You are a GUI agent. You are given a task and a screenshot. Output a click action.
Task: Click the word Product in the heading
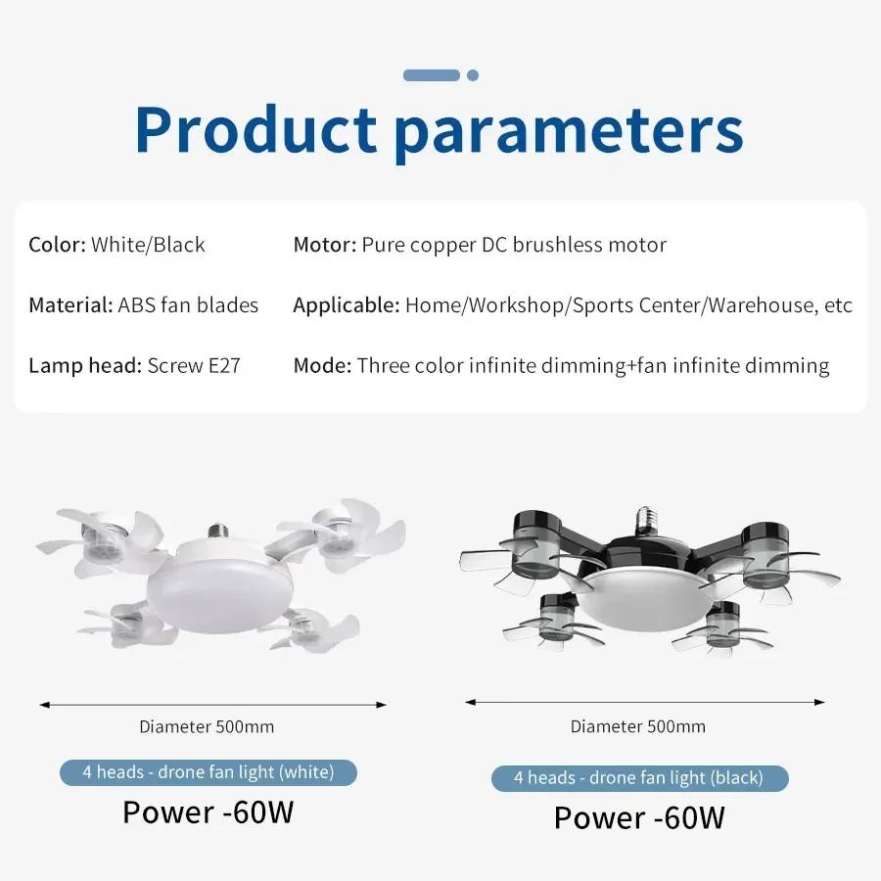click(x=255, y=129)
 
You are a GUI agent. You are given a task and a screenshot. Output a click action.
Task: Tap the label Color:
click(x=58, y=245)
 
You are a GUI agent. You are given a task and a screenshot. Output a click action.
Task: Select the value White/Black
click(x=149, y=245)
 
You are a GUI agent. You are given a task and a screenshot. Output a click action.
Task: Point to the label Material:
click(x=70, y=305)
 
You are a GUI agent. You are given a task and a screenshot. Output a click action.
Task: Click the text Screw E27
click(x=194, y=366)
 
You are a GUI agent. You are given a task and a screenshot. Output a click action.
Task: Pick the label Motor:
click(x=324, y=245)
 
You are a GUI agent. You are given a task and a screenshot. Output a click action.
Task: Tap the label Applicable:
click(x=346, y=305)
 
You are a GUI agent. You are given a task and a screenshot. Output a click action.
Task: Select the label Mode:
click(x=322, y=366)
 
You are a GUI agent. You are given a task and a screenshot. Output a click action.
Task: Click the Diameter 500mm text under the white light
click(x=207, y=726)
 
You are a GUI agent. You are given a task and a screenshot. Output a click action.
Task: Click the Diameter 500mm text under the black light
click(x=638, y=726)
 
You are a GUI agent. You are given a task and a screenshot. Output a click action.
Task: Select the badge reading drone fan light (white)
click(x=209, y=772)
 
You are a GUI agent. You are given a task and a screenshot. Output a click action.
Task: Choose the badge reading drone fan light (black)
click(x=639, y=778)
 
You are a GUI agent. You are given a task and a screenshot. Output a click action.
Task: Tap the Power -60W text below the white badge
click(x=208, y=812)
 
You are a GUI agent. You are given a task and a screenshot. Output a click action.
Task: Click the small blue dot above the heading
click(x=473, y=75)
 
